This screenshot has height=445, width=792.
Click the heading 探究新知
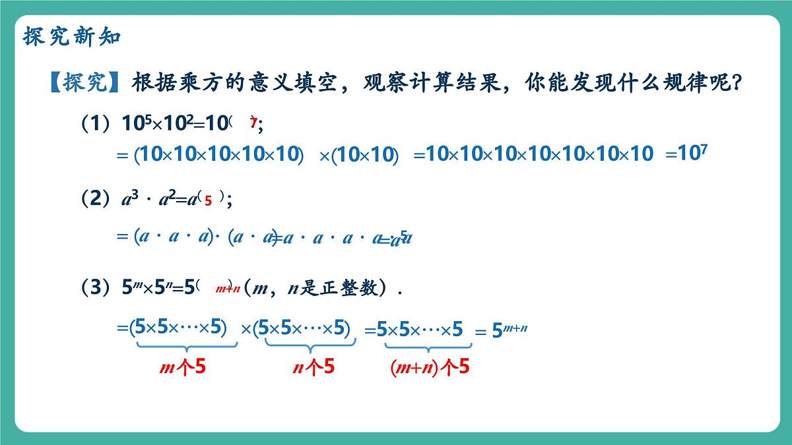tap(72, 37)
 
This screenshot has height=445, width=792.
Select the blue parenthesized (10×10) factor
tap(366, 155)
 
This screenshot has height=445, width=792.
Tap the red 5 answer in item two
tap(208, 202)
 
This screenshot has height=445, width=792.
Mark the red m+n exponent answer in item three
tap(227, 289)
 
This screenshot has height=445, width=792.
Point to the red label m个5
tap(183, 367)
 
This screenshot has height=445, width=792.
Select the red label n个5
tap(313, 367)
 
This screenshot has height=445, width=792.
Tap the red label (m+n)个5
tap(429, 367)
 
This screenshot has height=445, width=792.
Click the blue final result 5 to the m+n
tap(510, 330)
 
